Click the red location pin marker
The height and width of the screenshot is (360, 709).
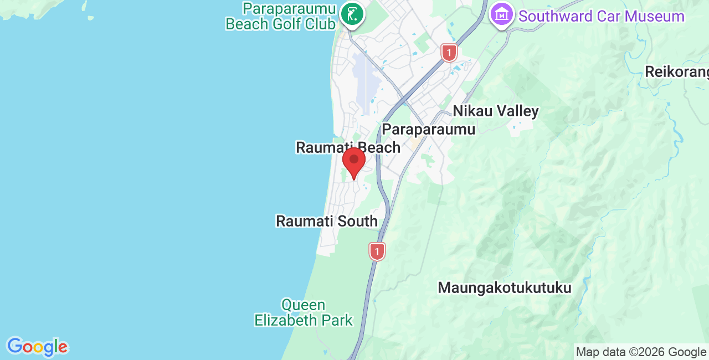click(x=354, y=161)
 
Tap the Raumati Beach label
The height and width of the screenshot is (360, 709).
click(x=348, y=147)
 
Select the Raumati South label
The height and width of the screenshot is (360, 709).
click(x=327, y=221)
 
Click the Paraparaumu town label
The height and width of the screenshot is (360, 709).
click(x=429, y=129)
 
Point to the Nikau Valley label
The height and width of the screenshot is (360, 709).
click(x=496, y=111)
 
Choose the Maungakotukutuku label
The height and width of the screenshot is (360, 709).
click(x=504, y=288)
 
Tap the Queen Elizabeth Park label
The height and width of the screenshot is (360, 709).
click(x=304, y=312)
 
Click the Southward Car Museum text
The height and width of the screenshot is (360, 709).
click(x=602, y=16)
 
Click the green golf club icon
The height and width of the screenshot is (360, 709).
click(x=351, y=13)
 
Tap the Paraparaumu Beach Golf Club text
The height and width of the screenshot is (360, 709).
click(x=281, y=17)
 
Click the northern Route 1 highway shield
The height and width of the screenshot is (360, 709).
click(x=449, y=53)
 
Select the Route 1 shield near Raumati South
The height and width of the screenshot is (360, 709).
click(x=377, y=251)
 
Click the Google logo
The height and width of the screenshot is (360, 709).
click(x=37, y=347)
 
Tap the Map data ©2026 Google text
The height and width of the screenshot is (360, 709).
click(x=641, y=352)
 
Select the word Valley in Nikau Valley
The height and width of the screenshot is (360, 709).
click(x=517, y=111)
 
